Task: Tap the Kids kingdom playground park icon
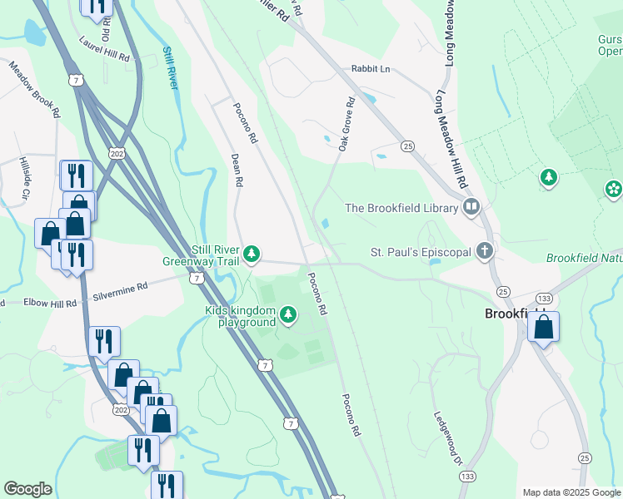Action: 287,314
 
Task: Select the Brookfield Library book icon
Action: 471,207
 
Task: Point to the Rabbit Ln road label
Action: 370,69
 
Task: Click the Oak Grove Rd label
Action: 346,124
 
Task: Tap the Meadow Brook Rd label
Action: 35,88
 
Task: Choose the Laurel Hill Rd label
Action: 105,50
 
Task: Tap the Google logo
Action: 27,489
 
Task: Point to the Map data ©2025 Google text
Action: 571,492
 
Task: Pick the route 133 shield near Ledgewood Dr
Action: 467,476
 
